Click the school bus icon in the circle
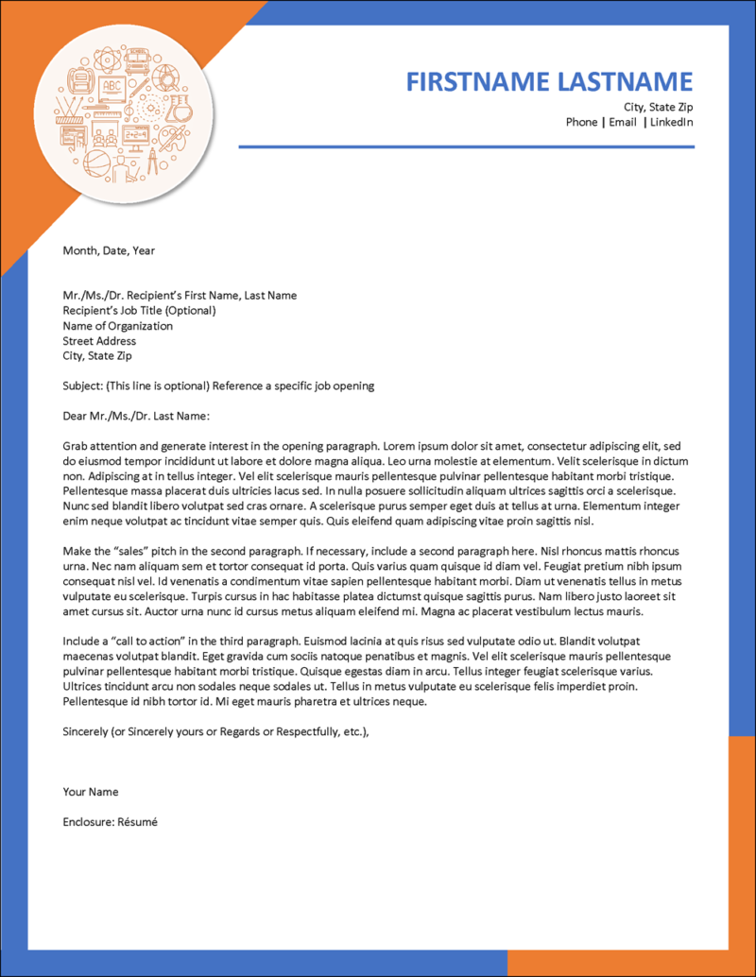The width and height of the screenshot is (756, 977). pos(137,60)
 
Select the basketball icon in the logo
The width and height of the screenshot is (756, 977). pos(96,163)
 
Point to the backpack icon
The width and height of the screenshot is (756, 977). pos(80,80)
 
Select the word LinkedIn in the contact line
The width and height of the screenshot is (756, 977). pos(671,122)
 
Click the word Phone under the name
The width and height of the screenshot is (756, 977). pos(581,122)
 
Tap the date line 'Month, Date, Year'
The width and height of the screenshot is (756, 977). pos(109,250)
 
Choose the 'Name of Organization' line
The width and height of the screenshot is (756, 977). pos(118,326)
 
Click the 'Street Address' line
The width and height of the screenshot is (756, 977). pos(99,341)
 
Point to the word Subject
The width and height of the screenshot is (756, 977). pos(82,386)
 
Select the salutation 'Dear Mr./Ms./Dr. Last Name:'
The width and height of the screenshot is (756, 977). pos(135,416)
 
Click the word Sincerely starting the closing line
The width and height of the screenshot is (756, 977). pos(87,731)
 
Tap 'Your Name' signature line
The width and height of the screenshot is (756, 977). pos(91,792)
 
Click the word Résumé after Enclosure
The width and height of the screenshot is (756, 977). pos(137,822)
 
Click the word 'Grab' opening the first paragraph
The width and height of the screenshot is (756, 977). pos(76,446)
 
